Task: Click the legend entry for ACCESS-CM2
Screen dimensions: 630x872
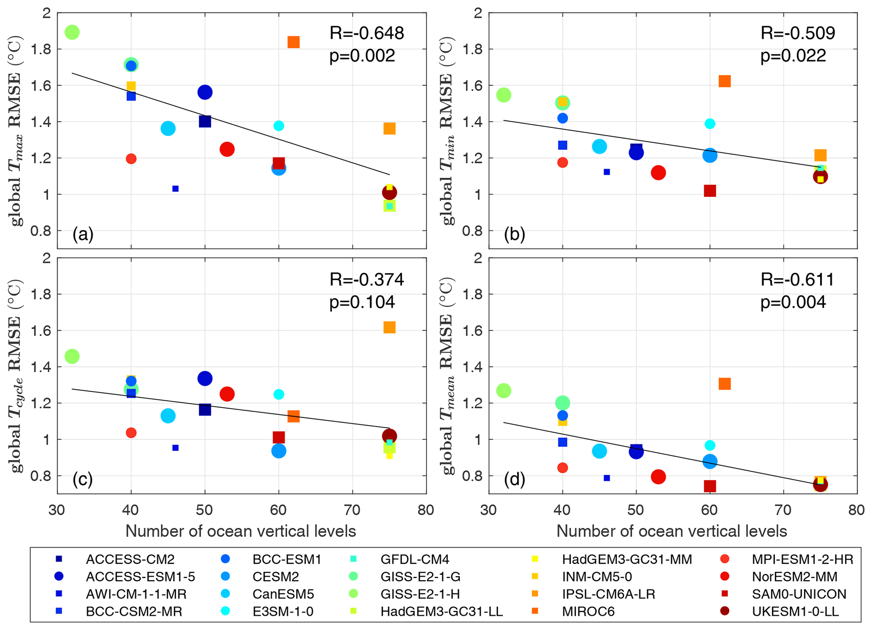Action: (x=130, y=559)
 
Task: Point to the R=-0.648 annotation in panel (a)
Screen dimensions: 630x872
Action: (x=367, y=33)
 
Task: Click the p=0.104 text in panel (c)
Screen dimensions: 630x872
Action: (x=362, y=302)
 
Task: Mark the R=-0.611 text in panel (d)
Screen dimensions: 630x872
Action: (x=797, y=280)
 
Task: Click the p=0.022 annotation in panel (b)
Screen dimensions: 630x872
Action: (x=793, y=56)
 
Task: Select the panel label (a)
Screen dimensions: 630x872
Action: (x=83, y=234)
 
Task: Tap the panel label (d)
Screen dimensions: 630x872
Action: (x=514, y=479)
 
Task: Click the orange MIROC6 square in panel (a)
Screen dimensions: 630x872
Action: (x=294, y=42)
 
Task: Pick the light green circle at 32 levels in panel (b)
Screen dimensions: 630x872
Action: (x=504, y=95)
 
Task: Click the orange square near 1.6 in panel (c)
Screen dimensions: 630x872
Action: (x=389, y=327)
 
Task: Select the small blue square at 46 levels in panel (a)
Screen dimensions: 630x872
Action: (x=175, y=189)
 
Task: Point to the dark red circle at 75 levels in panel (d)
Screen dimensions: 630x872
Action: (x=820, y=485)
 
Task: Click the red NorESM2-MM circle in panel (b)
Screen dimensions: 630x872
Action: (x=658, y=173)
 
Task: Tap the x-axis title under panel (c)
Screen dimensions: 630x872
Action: (x=240, y=531)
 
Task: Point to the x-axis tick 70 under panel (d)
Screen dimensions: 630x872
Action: (x=783, y=510)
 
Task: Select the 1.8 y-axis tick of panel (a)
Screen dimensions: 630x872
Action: (x=40, y=49)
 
